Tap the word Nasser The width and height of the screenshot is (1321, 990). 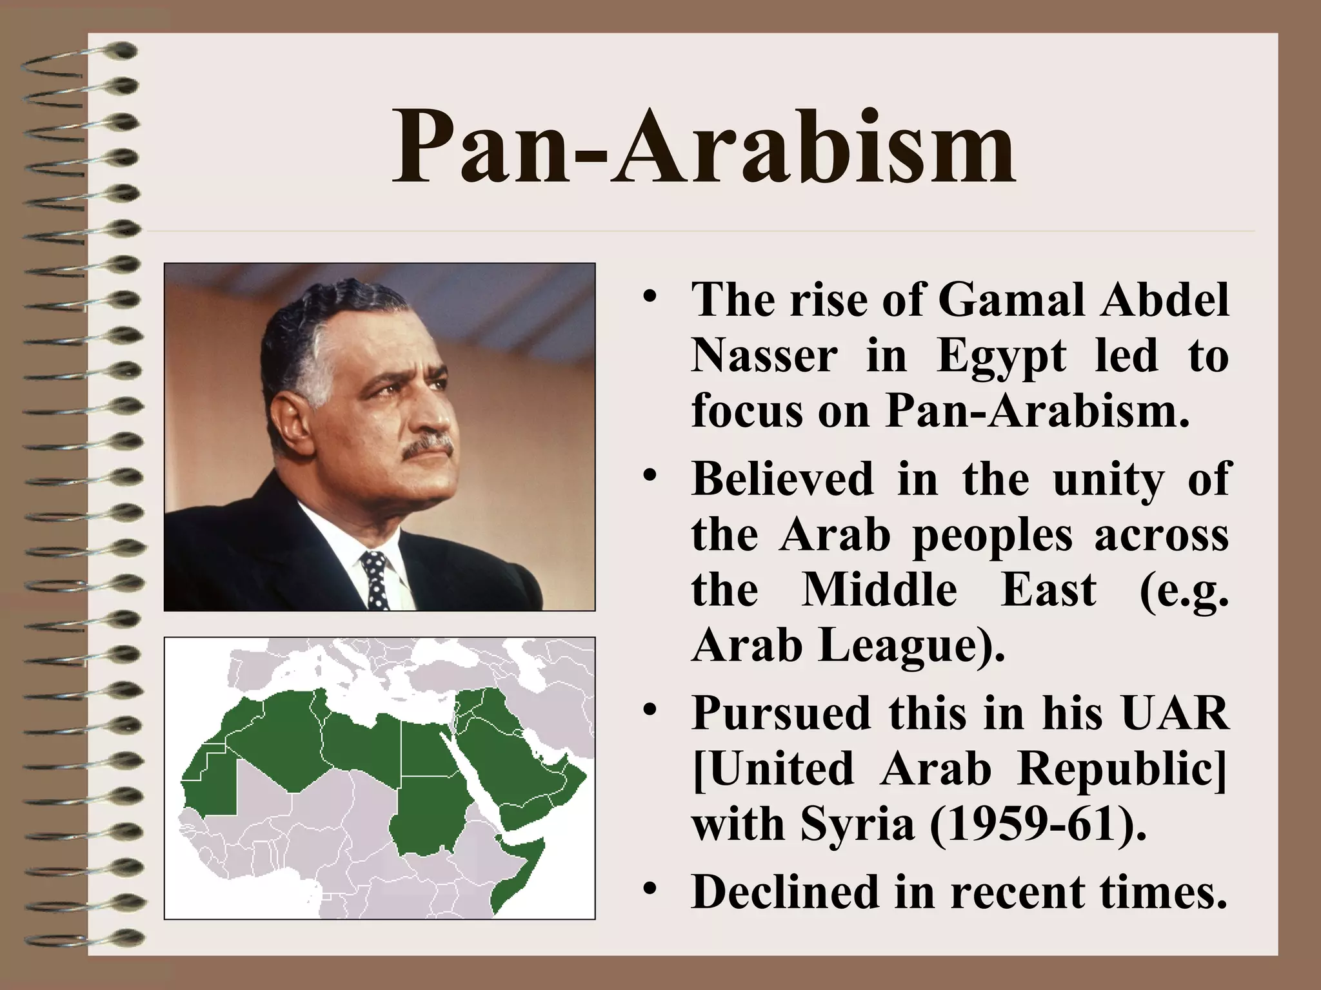coord(764,356)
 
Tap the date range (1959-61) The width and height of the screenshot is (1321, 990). coord(1038,825)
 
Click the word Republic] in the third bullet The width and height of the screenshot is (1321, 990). coord(1122,770)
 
